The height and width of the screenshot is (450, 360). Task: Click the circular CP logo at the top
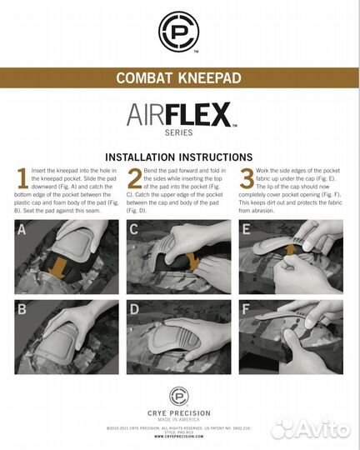[179, 31]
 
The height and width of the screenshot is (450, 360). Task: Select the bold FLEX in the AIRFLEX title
[199, 115]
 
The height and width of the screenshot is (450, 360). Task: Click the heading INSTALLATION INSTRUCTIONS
[179, 157]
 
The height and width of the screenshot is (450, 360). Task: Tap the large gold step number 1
[22, 178]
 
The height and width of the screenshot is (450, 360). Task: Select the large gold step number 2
[134, 178]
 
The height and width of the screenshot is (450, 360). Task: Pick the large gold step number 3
[247, 178]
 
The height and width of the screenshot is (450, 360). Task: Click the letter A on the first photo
[24, 229]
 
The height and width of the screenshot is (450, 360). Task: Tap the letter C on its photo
[135, 229]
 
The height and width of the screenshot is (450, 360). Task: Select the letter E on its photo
[247, 229]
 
